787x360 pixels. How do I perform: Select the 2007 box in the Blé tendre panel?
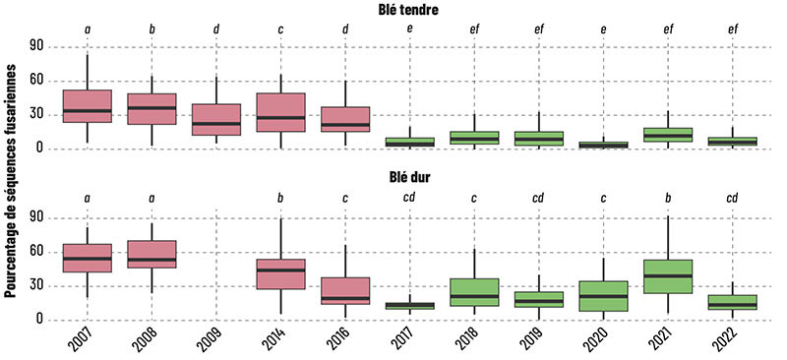pyautogui.click(x=87, y=106)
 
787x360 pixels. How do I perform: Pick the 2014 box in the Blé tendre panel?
pyautogui.click(x=280, y=112)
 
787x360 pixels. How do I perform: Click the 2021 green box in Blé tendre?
pyautogui.click(x=668, y=135)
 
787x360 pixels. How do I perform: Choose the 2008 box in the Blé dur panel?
pyautogui.click(x=151, y=254)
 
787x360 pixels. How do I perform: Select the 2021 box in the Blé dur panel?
pyautogui.click(x=668, y=275)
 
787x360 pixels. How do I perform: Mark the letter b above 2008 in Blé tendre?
pyautogui.click(x=151, y=30)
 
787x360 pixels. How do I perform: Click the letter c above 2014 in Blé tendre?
pyautogui.click(x=280, y=30)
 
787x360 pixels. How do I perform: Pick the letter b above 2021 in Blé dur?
pyautogui.click(x=668, y=199)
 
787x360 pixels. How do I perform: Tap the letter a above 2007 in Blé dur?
pyautogui.click(x=87, y=199)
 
